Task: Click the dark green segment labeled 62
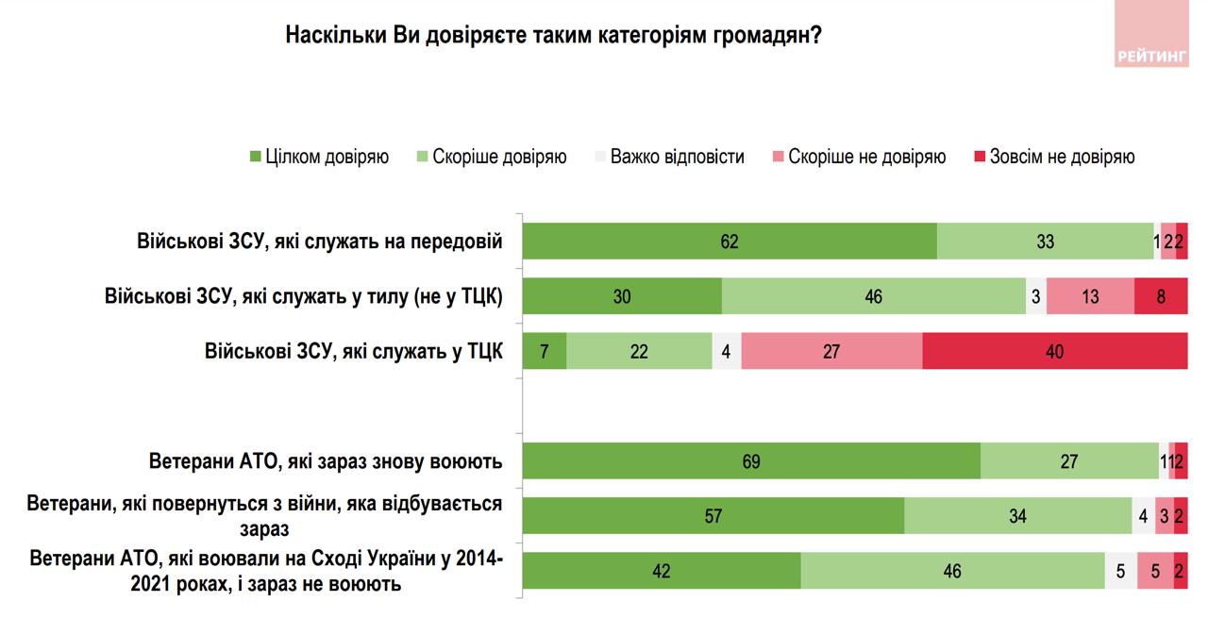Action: [x=730, y=242]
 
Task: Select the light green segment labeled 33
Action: [x=1045, y=242]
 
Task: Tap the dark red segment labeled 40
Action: [x=1054, y=352]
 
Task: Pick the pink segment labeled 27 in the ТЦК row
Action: [x=831, y=352]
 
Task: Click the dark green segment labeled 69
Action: [x=751, y=461]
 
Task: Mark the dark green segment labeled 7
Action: [x=545, y=352]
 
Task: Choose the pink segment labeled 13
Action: [x=1090, y=296]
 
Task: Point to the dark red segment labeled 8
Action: [x=1160, y=296]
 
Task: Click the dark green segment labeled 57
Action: [x=713, y=516]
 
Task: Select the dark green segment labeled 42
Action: [x=662, y=571]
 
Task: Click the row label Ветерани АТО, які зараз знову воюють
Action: [x=326, y=462]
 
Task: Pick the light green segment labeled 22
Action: [x=639, y=352]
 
